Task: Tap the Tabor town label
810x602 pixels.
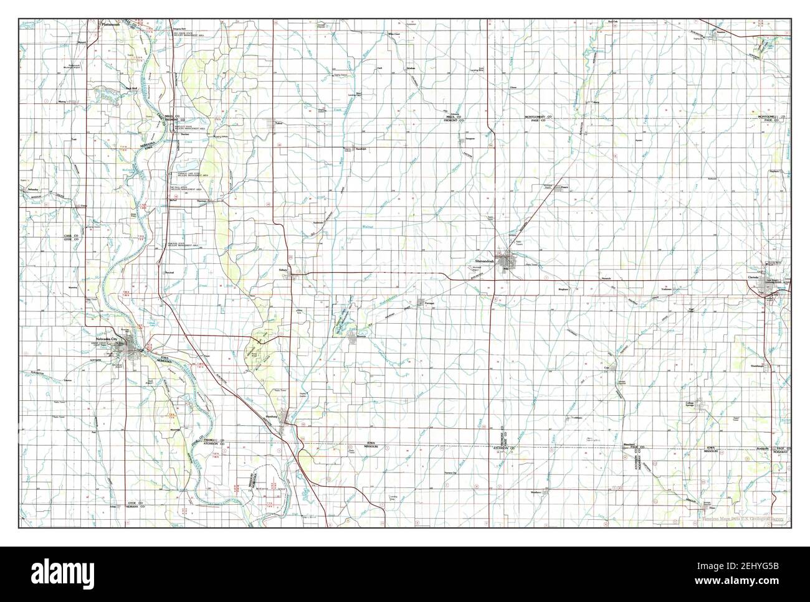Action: [279, 123]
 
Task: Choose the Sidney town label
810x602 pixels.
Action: [283, 271]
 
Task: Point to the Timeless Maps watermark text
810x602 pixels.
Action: [741, 518]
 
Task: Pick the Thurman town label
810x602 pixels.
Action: [202, 200]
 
